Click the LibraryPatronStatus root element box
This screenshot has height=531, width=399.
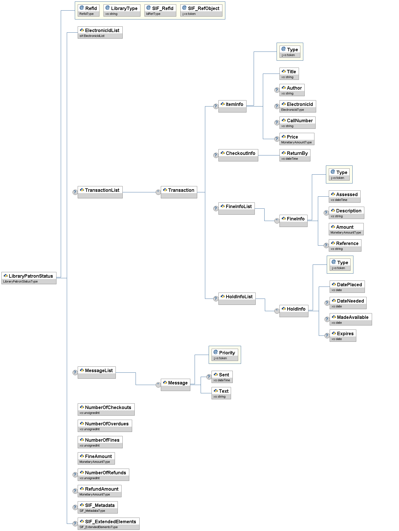pyautogui.click(x=29, y=278)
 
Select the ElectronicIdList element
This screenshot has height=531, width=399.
pyautogui.click(x=100, y=32)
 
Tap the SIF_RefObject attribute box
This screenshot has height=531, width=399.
pyautogui.click(x=201, y=10)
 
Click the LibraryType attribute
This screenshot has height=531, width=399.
pyautogui.click(x=122, y=10)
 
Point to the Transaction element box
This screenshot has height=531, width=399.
pyautogui.click(x=179, y=192)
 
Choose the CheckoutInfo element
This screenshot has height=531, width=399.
pyautogui.click(x=238, y=155)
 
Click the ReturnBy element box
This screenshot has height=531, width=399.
pyautogui.click(x=295, y=155)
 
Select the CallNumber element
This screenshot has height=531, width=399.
pyautogui.click(x=297, y=123)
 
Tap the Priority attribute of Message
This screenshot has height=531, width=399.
pyautogui.click(x=225, y=355)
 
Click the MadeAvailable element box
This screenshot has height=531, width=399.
pyautogui.click(x=351, y=319)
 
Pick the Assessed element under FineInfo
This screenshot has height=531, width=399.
pyautogui.click(x=345, y=196)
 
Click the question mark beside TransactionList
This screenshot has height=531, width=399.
pyautogui.click(x=75, y=192)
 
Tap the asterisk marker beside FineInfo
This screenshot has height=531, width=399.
pyautogui.click(x=277, y=221)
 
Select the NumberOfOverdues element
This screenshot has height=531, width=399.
pyautogui.click(x=105, y=426)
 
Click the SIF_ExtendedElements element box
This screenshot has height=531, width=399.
pyautogui.click(x=108, y=524)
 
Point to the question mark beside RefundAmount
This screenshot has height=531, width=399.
pyautogui.click(x=75, y=491)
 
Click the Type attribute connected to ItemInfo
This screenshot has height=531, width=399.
pyautogui.click(x=290, y=52)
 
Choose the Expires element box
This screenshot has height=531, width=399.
pyautogui.click(x=343, y=335)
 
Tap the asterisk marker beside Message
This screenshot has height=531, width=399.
pyautogui.click(x=158, y=385)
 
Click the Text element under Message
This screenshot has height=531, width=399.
pyautogui.click(x=221, y=393)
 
